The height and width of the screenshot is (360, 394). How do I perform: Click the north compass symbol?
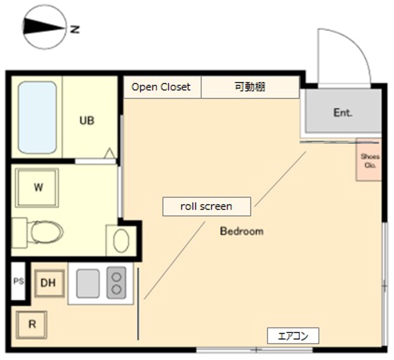pyautogui.click(x=45, y=27)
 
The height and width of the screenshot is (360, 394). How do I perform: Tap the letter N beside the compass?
pyautogui.click(x=75, y=29)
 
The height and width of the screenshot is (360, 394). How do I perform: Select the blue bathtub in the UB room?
pyautogui.click(x=37, y=117)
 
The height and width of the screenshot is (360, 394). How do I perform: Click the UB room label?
pyautogui.click(x=87, y=121)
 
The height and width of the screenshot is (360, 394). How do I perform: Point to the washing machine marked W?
pyautogui.click(x=37, y=188)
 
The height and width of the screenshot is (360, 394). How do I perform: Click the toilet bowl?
pyautogui.click(x=45, y=231)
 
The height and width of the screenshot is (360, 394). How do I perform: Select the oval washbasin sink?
pyautogui.click(x=121, y=241)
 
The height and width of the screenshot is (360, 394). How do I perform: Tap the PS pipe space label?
pyautogui.click(x=18, y=282)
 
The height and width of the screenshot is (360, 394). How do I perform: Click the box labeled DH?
pyautogui.click(x=49, y=283)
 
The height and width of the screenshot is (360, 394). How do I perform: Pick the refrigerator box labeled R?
pyautogui.click(x=32, y=325)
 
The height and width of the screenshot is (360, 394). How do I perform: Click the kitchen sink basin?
pyautogui.click(x=88, y=283)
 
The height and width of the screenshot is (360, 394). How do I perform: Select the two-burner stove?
pyautogui.click(x=117, y=283)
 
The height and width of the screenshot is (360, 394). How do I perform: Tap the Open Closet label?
pyautogui.click(x=161, y=87)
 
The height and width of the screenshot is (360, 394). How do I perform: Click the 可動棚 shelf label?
pyautogui.click(x=250, y=87)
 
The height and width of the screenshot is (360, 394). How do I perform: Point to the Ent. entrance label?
pyautogui.click(x=343, y=112)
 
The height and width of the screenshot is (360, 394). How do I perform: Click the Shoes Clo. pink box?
pyautogui.click(x=369, y=161)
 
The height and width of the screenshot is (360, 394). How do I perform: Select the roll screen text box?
pyautogui.click(x=206, y=206)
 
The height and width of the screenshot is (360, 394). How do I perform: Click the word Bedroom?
pyautogui.click(x=241, y=231)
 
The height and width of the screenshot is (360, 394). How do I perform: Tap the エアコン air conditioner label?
pyautogui.click(x=293, y=336)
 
